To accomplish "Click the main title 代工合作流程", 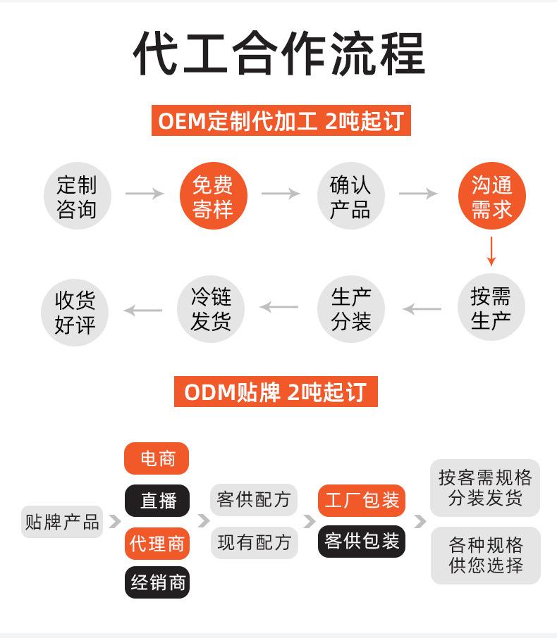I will point(278,54).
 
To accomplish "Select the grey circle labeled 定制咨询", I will point(77,197).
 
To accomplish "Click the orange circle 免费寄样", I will point(212,197).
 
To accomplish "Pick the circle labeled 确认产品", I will point(350,197).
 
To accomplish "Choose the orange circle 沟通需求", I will point(491,197).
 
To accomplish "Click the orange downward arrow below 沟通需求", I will point(491,251).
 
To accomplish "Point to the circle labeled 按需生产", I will point(491,308).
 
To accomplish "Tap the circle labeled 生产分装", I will point(351,308).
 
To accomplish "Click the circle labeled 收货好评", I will point(75,312).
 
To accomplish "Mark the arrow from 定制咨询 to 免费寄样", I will point(145,194).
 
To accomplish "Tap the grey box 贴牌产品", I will point(62,522).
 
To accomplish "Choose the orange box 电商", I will point(157,459).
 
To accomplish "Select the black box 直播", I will point(157,500).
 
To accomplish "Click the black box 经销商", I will point(157,582).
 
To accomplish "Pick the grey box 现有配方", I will point(254,542).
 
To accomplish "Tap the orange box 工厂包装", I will point(362,500).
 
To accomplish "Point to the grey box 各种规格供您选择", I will point(486,555).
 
